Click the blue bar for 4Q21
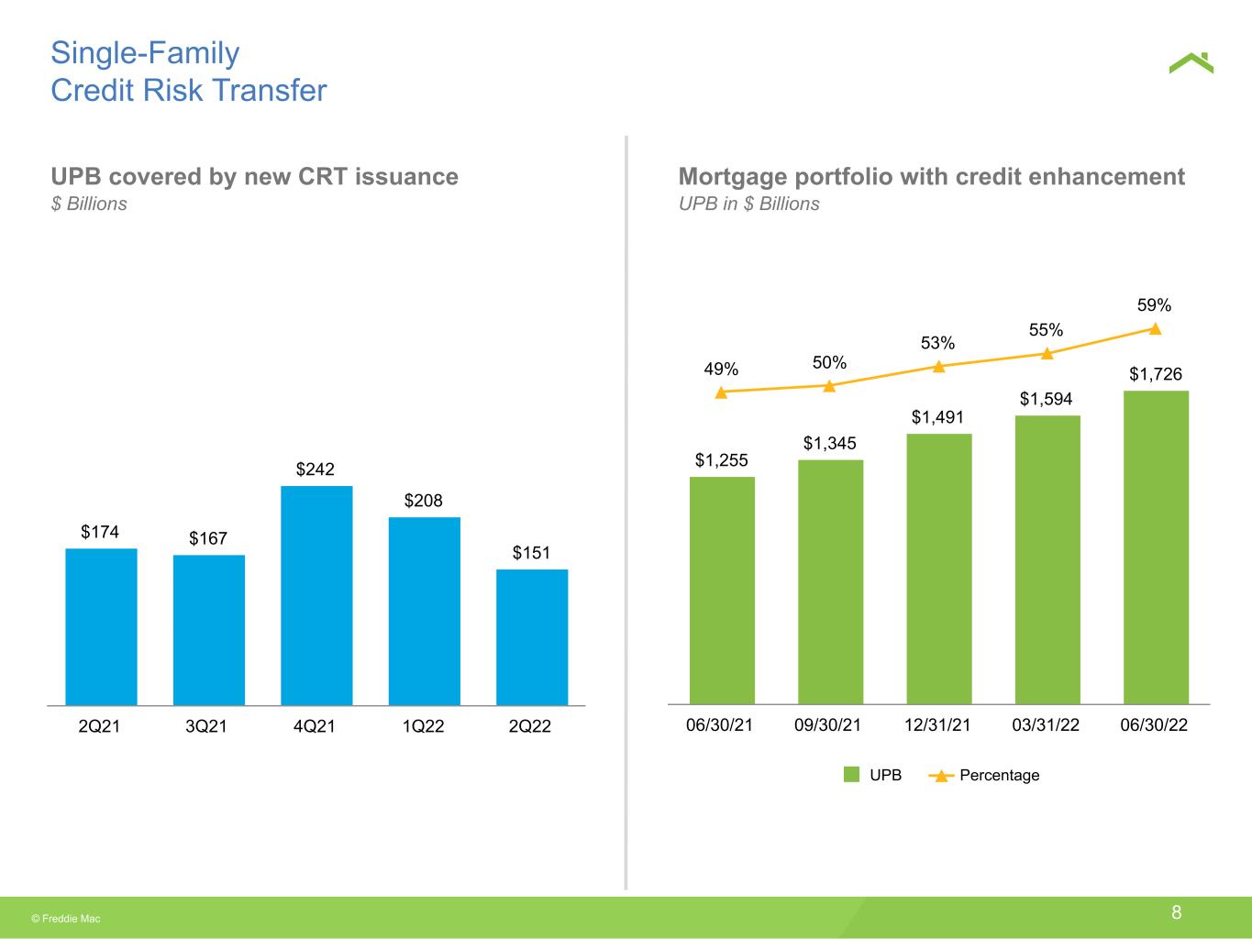click(316, 595)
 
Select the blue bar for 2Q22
click(532, 636)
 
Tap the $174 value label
click(100, 531)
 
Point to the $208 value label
click(423, 500)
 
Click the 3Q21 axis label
click(206, 725)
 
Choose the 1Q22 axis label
click(423, 725)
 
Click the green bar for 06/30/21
click(722, 590)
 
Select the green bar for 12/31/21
click(939, 569)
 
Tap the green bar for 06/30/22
click(1157, 547)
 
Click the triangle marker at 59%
click(1155, 329)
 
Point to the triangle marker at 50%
click(829, 387)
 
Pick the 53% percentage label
click(937, 343)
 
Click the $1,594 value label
click(1047, 399)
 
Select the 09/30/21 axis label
click(827, 724)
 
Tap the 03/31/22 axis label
click(1046, 724)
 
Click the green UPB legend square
click(851, 774)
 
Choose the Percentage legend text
click(1000, 775)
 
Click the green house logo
click(1191, 62)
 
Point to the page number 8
click(1176, 912)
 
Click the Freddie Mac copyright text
click(66, 919)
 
